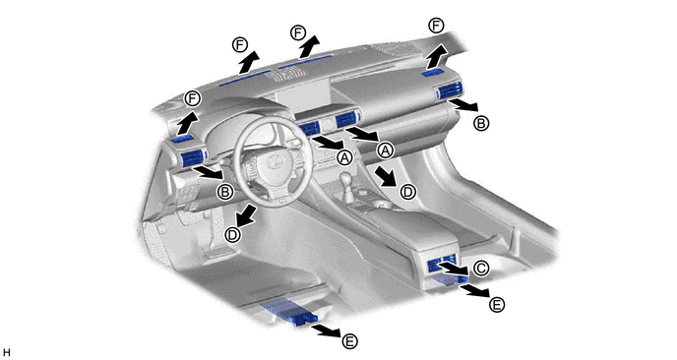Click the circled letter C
tap(480, 269)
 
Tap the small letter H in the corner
tap(6, 353)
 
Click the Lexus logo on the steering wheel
tap(275, 162)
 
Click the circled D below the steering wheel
tap(233, 235)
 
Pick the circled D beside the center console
tap(407, 191)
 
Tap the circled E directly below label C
tap(497, 305)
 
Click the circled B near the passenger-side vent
tap(481, 124)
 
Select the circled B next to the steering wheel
tap(225, 192)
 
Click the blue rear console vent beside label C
tap(441, 264)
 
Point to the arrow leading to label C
tap(454, 268)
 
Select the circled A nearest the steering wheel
tap(344, 157)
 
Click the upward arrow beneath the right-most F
tap(438, 55)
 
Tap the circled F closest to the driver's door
tap(193, 98)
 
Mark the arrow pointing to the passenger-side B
tap(463, 104)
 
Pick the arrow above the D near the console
tap(385, 176)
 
